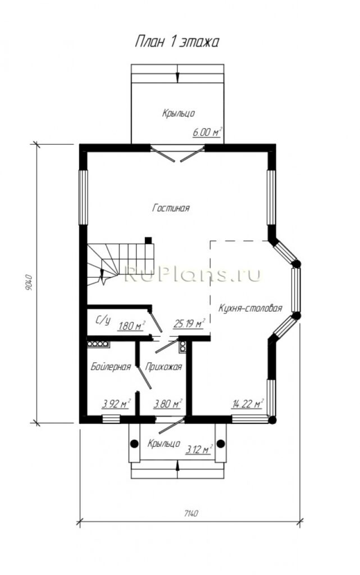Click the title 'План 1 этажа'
point(177,42)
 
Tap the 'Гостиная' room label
point(171,208)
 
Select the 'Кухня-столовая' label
point(250,308)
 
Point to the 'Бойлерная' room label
point(111,367)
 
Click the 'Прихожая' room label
point(163,367)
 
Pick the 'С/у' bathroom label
point(103,321)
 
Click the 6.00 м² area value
point(207,132)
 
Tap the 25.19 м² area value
point(189,324)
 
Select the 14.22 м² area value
point(248,404)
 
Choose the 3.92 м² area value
point(116,404)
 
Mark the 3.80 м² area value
point(167,404)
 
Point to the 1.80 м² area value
point(131,325)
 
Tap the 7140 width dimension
point(190,513)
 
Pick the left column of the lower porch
point(134,444)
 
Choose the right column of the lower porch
point(220,444)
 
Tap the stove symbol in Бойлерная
point(98,344)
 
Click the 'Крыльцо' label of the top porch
point(179,113)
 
